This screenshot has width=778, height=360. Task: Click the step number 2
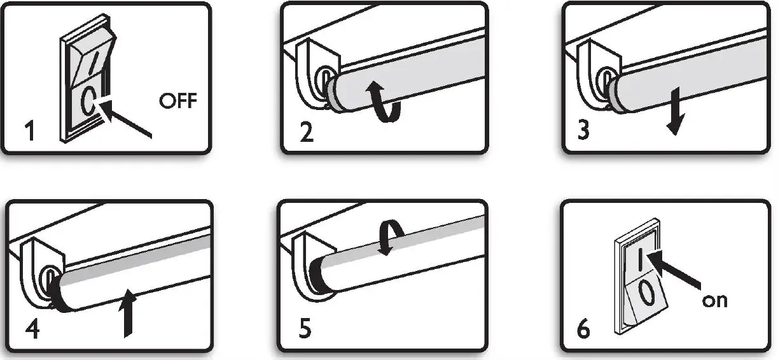[307, 132]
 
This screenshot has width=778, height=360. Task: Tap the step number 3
[583, 130]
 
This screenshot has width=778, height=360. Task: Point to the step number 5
[306, 331]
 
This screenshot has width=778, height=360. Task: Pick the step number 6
[583, 329]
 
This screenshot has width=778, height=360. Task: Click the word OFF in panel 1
[178, 101]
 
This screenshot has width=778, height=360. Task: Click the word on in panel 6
[714, 300]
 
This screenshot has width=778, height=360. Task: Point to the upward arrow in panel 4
[130, 312]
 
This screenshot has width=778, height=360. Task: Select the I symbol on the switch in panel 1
[92, 66]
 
